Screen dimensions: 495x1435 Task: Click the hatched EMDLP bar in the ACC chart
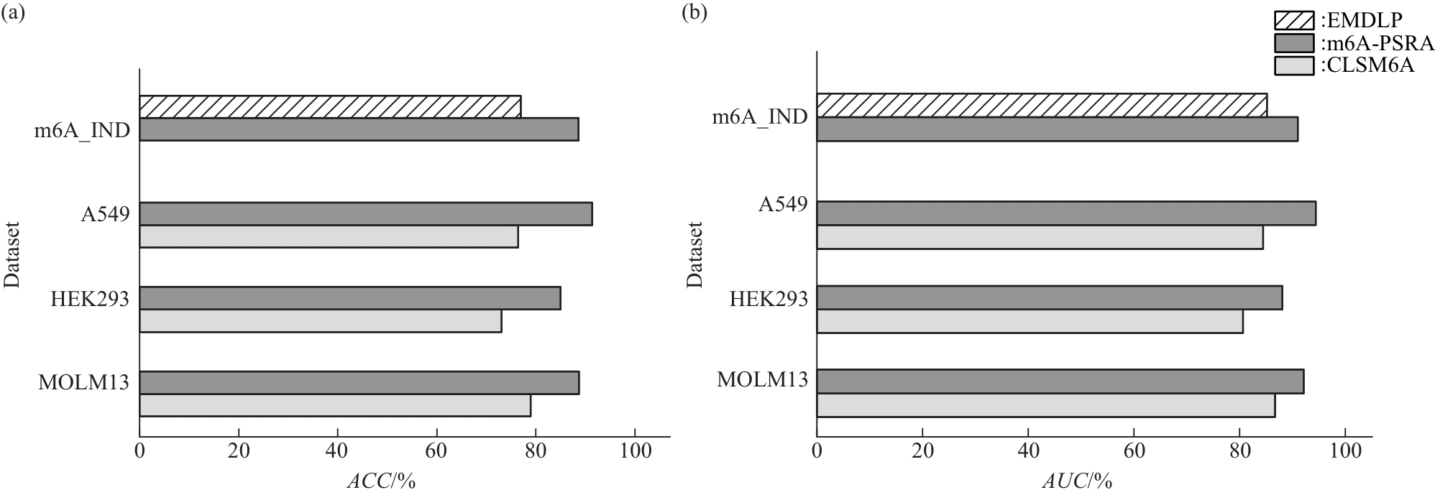330,106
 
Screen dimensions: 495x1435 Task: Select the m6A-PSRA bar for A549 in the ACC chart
365,214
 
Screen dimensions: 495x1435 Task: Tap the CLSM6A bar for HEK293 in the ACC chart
320,321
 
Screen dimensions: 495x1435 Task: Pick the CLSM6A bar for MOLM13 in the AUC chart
1045,405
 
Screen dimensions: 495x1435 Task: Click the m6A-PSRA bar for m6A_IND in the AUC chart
1057,129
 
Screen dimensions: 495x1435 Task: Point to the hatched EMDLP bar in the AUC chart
1042,105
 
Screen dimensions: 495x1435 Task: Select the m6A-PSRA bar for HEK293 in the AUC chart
1049,297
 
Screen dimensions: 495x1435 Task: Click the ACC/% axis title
381,481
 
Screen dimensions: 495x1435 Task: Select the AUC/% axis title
1079,481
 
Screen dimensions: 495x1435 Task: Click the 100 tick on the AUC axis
1345,451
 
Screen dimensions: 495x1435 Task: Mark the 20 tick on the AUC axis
922,451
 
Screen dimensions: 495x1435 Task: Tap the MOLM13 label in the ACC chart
83,381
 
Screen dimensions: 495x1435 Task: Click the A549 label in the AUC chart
784,205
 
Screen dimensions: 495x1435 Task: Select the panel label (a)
14,14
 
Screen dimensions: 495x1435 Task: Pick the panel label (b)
694,14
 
